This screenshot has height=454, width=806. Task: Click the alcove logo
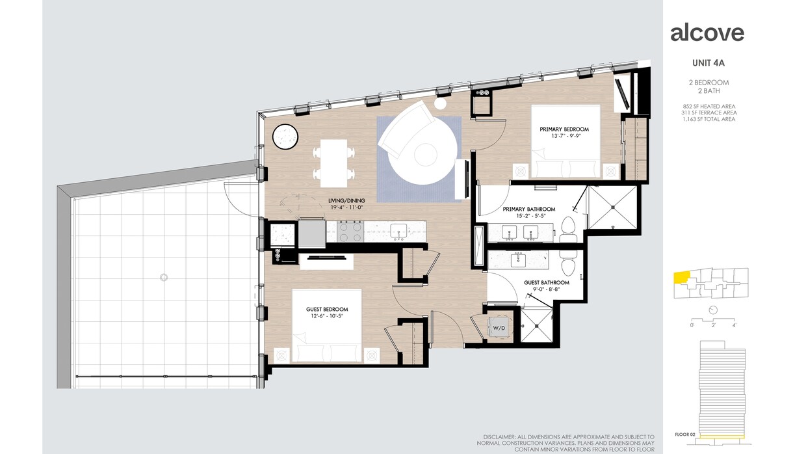707,33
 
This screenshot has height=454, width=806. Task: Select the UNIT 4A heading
708,63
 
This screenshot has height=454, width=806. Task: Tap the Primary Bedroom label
564,129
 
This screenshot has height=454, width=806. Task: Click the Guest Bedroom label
327,310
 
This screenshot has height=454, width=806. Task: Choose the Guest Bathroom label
547,283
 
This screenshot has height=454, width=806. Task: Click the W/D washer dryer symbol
499,327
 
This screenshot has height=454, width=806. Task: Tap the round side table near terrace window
285,137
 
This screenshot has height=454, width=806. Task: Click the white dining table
333,163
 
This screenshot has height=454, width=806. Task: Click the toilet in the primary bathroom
567,230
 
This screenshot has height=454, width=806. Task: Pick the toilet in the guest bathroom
568,265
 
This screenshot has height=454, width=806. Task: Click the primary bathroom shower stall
612,207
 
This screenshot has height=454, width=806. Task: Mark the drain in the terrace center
164,278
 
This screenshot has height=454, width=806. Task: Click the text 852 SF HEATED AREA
708,106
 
